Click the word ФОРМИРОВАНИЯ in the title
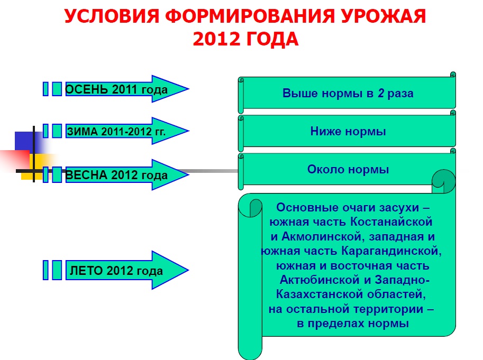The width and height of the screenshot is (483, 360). click(x=250, y=16)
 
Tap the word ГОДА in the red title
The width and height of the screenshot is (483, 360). click(x=272, y=39)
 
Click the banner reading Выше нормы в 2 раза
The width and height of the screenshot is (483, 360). click(x=347, y=93)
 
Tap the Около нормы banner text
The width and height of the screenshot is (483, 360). click(x=348, y=169)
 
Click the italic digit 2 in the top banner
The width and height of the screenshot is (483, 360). click(x=381, y=93)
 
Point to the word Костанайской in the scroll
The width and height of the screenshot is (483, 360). click(x=391, y=221)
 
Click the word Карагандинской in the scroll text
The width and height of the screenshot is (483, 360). click(x=391, y=251)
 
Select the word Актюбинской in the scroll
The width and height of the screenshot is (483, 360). click(x=320, y=280)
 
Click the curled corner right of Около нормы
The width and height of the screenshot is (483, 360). click(x=443, y=181)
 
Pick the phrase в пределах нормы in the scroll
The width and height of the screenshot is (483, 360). click(x=353, y=324)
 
